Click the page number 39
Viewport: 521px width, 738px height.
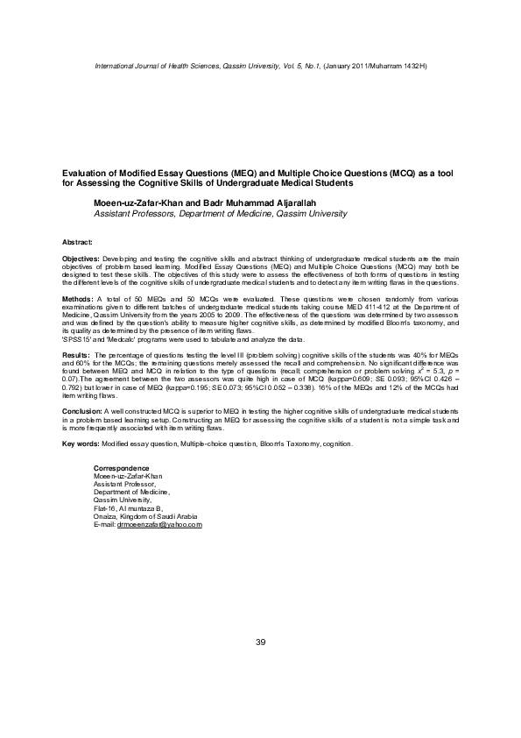click(260, 644)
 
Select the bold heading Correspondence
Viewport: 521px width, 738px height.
click(121, 468)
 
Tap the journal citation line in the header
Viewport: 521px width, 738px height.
click(260, 67)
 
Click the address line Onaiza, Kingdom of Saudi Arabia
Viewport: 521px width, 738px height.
click(139, 517)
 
